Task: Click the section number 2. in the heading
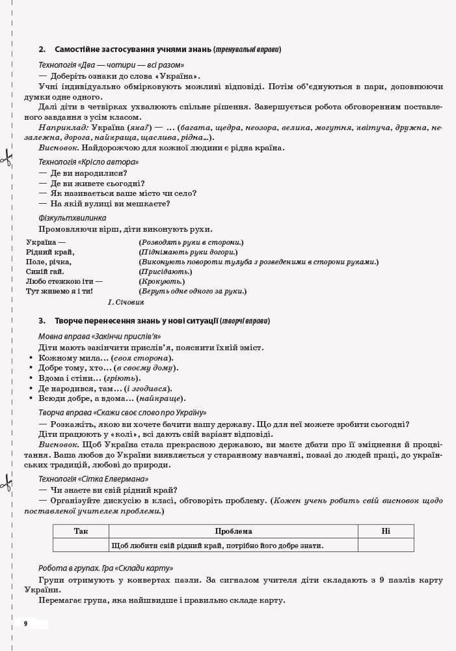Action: [x=42, y=49]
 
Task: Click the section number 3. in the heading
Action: [x=42, y=321]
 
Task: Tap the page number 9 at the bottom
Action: [x=26, y=624]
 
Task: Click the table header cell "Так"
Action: [x=81, y=531]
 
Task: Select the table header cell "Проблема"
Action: [x=233, y=531]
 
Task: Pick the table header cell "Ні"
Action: [x=386, y=531]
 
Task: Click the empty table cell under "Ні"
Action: [x=386, y=546]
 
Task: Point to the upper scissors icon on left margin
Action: [x=7, y=157]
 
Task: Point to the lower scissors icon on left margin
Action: [x=7, y=482]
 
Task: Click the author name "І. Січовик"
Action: [x=126, y=302]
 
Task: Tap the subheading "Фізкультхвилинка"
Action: [x=72, y=218]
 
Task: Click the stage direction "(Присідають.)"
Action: [x=165, y=271]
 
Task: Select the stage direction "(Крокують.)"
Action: [x=161, y=281]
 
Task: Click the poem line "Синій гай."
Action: [x=45, y=271]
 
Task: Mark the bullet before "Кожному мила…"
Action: [x=31, y=359]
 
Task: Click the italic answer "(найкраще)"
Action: [x=161, y=398]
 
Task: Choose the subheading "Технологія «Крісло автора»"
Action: [x=88, y=161]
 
